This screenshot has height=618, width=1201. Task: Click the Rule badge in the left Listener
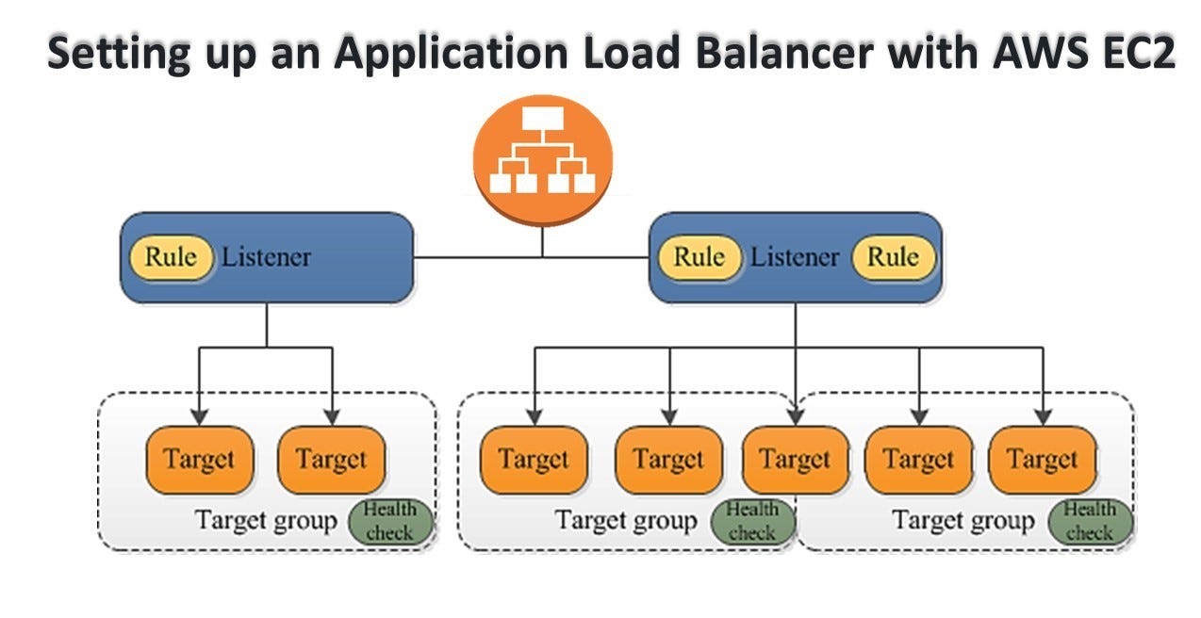click(172, 257)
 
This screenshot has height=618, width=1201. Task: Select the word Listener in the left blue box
click(266, 257)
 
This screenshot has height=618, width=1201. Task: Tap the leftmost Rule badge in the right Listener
click(699, 257)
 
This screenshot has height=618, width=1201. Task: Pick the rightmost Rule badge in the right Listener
click(892, 257)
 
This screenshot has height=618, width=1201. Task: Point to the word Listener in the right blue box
click(795, 257)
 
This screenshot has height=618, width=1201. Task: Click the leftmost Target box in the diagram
click(199, 460)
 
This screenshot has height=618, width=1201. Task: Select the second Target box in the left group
click(331, 460)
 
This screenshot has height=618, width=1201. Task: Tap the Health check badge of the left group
click(390, 522)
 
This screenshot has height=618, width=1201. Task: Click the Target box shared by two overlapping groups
click(795, 460)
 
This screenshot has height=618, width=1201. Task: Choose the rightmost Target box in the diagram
click(1042, 460)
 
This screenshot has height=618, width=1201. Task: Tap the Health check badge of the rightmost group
click(1090, 521)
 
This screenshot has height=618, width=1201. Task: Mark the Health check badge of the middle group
click(752, 521)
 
